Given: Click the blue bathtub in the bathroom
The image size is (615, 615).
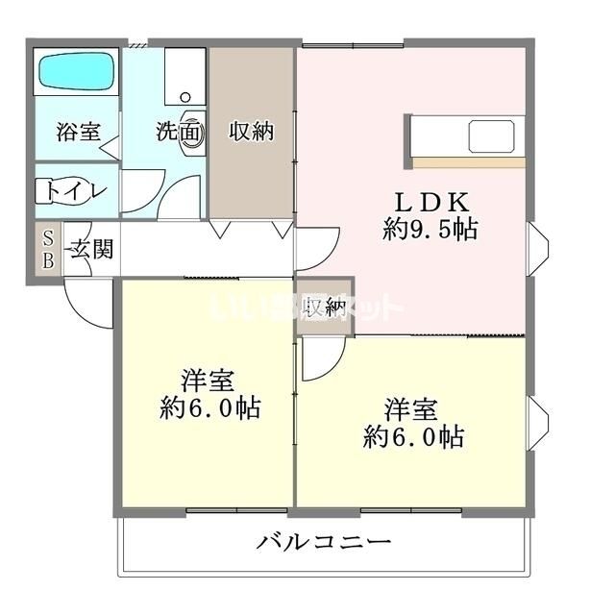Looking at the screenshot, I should pos(76,72).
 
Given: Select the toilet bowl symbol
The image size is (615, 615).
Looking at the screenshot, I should pos(51,191).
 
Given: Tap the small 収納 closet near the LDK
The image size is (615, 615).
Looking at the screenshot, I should pos(325,307).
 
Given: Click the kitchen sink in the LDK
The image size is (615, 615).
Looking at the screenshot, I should pos(495,136).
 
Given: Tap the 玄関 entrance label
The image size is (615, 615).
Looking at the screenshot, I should pos(92,250).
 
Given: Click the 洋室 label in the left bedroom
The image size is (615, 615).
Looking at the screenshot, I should pos(209,378).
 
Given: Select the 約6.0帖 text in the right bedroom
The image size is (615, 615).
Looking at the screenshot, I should pos(413,438).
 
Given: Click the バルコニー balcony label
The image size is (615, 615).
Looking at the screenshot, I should pos(324,542).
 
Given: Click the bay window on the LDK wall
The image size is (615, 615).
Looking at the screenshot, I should pos(539,248).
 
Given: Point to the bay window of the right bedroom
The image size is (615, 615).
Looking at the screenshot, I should pos(539,422).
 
